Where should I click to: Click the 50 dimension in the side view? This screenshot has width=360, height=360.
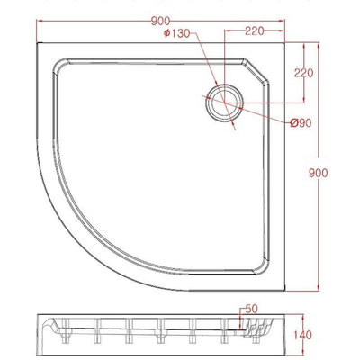pyautogui.click(x=252, y=308)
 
